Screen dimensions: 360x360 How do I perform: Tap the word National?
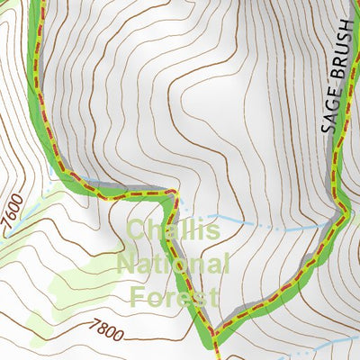click(173, 265)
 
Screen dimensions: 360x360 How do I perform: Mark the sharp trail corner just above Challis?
click(177, 193)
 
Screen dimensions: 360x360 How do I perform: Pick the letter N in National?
click(127, 265)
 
